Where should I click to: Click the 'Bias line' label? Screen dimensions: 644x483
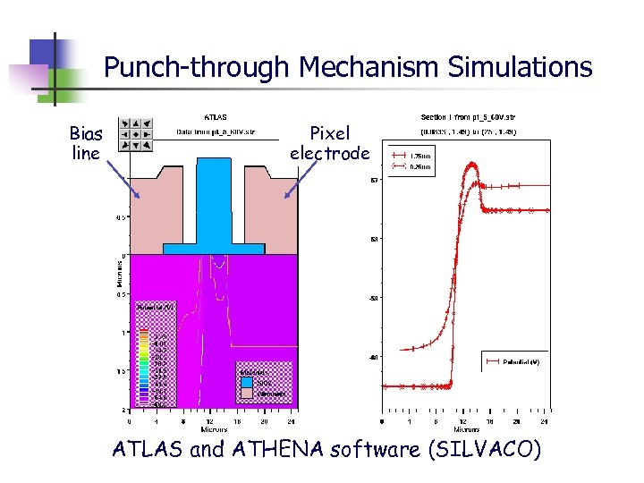86,143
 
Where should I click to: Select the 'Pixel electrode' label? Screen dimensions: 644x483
329,143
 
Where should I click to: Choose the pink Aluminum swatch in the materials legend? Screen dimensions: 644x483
247,393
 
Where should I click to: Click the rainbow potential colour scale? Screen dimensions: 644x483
143,367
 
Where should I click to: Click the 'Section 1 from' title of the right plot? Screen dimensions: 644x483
467,116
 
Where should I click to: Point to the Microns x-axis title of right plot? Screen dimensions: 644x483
462,430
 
